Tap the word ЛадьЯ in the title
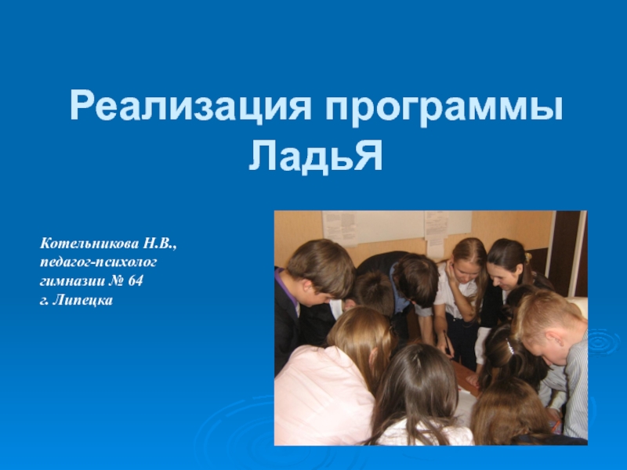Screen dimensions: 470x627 click(x=316, y=156)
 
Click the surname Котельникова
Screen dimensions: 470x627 click(x=89, y=246)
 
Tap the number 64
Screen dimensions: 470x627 click(x=136, y=280)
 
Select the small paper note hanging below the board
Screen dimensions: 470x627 click(x=437, y=246)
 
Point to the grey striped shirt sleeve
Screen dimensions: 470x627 click(x=576, y=392)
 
